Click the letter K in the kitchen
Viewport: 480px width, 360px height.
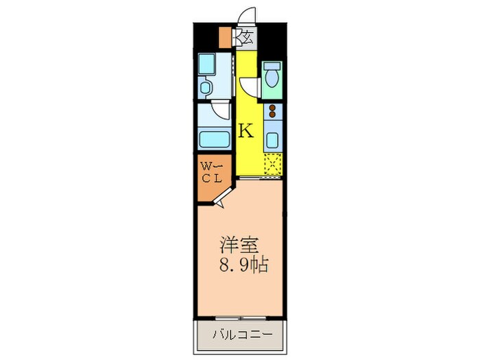pyautogui.click(x=246, y=130)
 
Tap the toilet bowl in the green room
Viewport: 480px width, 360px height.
pyautogui.click(x=273, y=75)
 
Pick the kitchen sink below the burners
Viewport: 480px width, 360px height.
pyautogui.click(x=272, y=141)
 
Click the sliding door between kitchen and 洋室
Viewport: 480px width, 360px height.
pyautogui.click(x=260, y=178)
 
